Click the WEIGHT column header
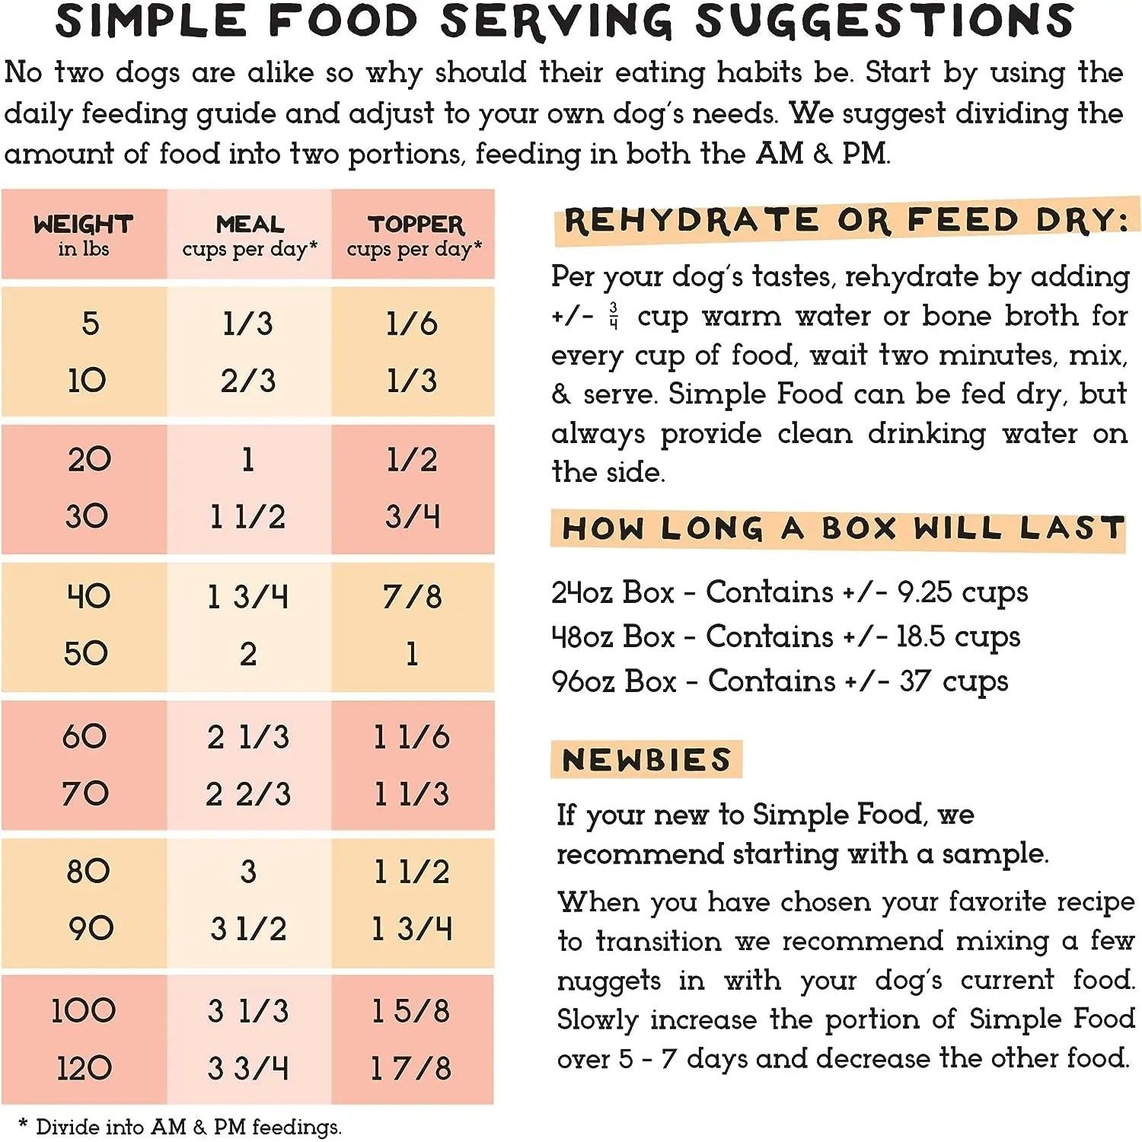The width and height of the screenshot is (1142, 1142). (x=83, y=225)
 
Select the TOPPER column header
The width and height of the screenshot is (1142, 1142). (x=415, y=225)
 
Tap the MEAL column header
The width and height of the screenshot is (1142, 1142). (x=250, y=225)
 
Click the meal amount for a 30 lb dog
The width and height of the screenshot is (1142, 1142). (x=247, y=517)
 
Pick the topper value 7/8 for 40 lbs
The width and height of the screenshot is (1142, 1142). (x=412, y=596)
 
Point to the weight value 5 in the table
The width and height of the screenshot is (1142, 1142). (x=90, y=324)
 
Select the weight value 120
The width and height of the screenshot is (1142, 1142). (x=84, y=1068)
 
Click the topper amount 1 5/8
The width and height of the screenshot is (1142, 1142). (x=410, y=1011)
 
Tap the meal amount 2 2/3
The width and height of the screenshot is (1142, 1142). (x=248, y=794)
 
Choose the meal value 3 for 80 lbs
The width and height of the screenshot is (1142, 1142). (x=248, y=871)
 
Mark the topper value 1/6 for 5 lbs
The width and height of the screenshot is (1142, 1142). (x=412, y=324)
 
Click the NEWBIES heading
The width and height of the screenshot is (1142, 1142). (x=646, y=760)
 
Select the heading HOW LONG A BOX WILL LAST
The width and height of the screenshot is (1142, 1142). (x=842, y=528)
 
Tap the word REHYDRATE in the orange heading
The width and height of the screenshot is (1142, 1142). (x=691, y=222)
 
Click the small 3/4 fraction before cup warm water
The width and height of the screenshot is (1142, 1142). (x=614, y=315)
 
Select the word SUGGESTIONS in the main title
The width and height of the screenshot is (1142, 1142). (x=884, y=21)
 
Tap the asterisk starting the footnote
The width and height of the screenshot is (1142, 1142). (x=23, y=1124)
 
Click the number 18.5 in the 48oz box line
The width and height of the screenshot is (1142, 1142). (x=920, y=636)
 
